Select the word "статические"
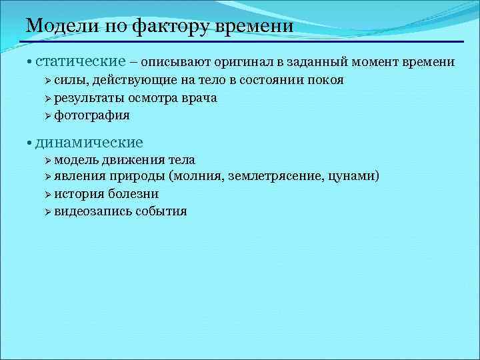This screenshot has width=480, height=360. [81, 62]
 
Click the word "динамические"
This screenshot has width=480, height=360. [89, 142]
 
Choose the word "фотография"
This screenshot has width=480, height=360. [92, 115]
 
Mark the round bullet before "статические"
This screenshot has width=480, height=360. [30, 63]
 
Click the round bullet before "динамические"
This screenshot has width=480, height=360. [30, 143]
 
